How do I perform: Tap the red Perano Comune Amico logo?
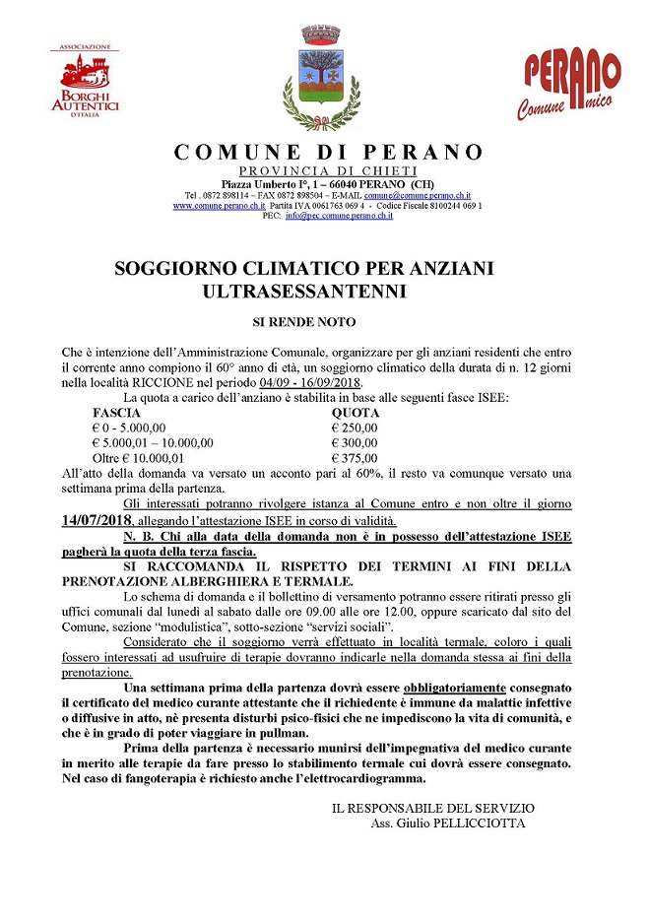click(571, 87)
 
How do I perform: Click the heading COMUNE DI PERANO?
click(329, 153)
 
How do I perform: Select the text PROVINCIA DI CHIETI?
click(328, 171)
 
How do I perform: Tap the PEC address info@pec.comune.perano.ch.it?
click(339, 216)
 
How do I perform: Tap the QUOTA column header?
click(355, 413)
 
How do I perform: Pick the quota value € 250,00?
click(355, 428)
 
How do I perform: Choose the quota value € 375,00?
click(355, 458)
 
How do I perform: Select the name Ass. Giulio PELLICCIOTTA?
click(448, 823)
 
